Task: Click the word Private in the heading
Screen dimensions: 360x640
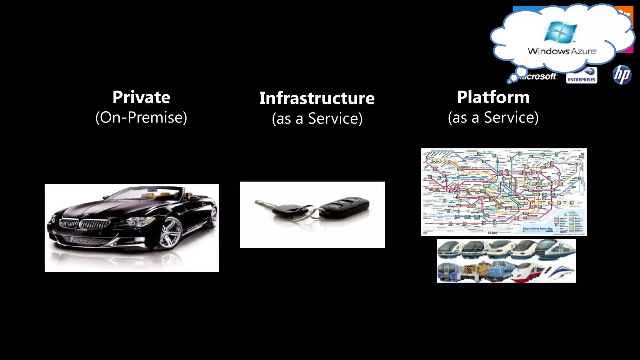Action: [141, 97]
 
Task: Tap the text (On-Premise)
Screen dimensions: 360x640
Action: [141, 117]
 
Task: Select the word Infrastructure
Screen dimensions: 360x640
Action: [317, 98]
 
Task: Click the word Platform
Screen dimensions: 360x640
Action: [493, 97]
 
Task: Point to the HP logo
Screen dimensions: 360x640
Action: [622, 75]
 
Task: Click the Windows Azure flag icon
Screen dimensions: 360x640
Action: [561, 32]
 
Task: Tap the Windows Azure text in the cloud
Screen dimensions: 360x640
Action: [562, 51]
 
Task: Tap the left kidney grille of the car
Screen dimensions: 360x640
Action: [69, 223]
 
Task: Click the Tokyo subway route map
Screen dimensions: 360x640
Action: [503, 192]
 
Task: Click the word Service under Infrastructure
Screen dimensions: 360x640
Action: [335, 118]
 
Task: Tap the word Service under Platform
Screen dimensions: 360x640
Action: [511, 117]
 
